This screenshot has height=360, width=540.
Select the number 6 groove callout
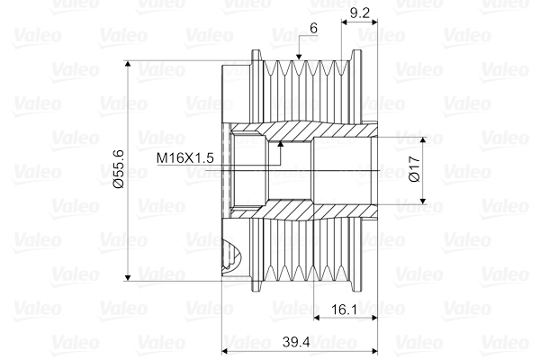point(312,30)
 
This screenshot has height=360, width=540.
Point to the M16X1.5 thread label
point(184,157)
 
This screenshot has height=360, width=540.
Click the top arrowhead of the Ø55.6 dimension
point(131,66)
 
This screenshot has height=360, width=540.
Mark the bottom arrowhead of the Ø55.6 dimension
point(131,277)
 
